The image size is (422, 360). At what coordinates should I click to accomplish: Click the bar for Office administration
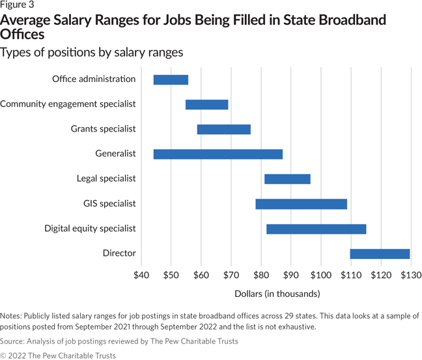171,79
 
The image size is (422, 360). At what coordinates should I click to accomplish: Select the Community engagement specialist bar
206,104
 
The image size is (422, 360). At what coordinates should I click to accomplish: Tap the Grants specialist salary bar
223,129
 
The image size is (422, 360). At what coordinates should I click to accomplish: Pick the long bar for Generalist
218,154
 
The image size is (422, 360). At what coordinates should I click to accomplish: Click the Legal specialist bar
287,179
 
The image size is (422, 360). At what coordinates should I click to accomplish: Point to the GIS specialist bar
301,204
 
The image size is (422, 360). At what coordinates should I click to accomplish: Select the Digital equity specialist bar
316,228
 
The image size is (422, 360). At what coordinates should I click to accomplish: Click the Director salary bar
380,254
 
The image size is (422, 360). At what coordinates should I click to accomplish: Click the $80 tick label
260,275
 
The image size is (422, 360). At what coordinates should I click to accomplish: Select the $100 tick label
320,275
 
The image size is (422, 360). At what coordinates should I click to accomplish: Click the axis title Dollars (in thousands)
277,294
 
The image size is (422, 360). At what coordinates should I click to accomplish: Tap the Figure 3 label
17,5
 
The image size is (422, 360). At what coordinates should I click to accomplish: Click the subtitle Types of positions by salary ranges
92,52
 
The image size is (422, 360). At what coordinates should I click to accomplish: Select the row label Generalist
115,154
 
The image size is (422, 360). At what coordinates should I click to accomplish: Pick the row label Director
119,254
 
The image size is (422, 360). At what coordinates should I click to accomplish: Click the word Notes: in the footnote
14,316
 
